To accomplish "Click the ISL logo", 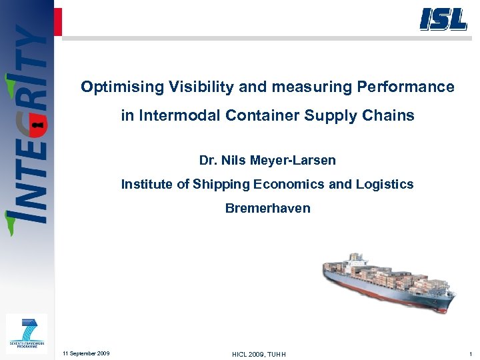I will pos(443,19).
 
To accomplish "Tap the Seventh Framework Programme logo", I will pos(27,334).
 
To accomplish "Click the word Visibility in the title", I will pos(191,87).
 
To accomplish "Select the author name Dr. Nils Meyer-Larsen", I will pos(267,161).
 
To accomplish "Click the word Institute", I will pos(147,185).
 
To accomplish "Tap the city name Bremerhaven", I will pos(267,208).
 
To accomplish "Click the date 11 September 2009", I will pos(86,353).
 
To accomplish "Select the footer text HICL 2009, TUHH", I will pos(259,354).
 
